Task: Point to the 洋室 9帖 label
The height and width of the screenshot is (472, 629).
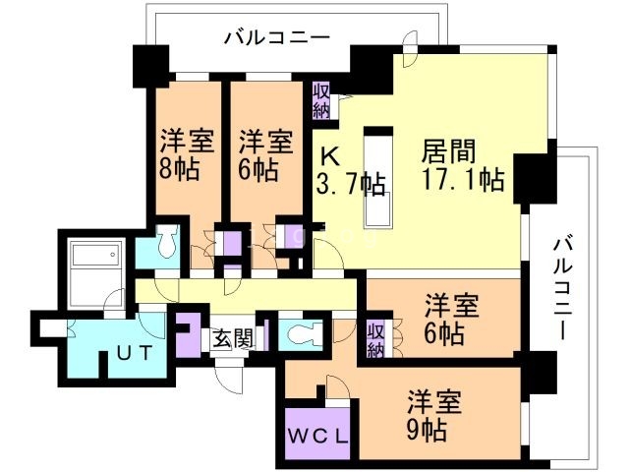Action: click(x=433, y=415)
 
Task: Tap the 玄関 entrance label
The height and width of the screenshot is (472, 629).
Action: click(x=233, y=339)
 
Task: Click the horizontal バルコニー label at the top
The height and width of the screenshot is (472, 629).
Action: click(x=276, y=38)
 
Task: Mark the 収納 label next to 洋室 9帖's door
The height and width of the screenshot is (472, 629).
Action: click(x=375, y=338)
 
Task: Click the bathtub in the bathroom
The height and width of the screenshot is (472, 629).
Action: click(x=96, y=258)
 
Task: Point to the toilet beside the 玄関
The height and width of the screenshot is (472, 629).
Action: click(x=299, y=332)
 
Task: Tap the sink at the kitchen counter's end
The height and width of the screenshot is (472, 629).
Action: click(x=378, y=209)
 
